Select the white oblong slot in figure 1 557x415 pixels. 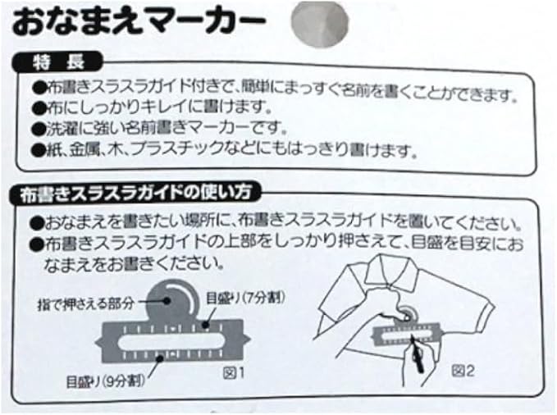click(172, 335)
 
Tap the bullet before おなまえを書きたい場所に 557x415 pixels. click(38, 222)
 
